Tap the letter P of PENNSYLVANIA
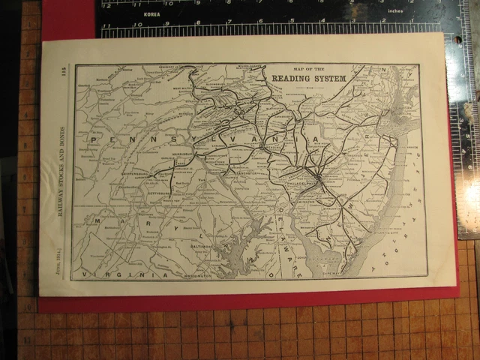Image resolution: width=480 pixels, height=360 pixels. tap(92, 139)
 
